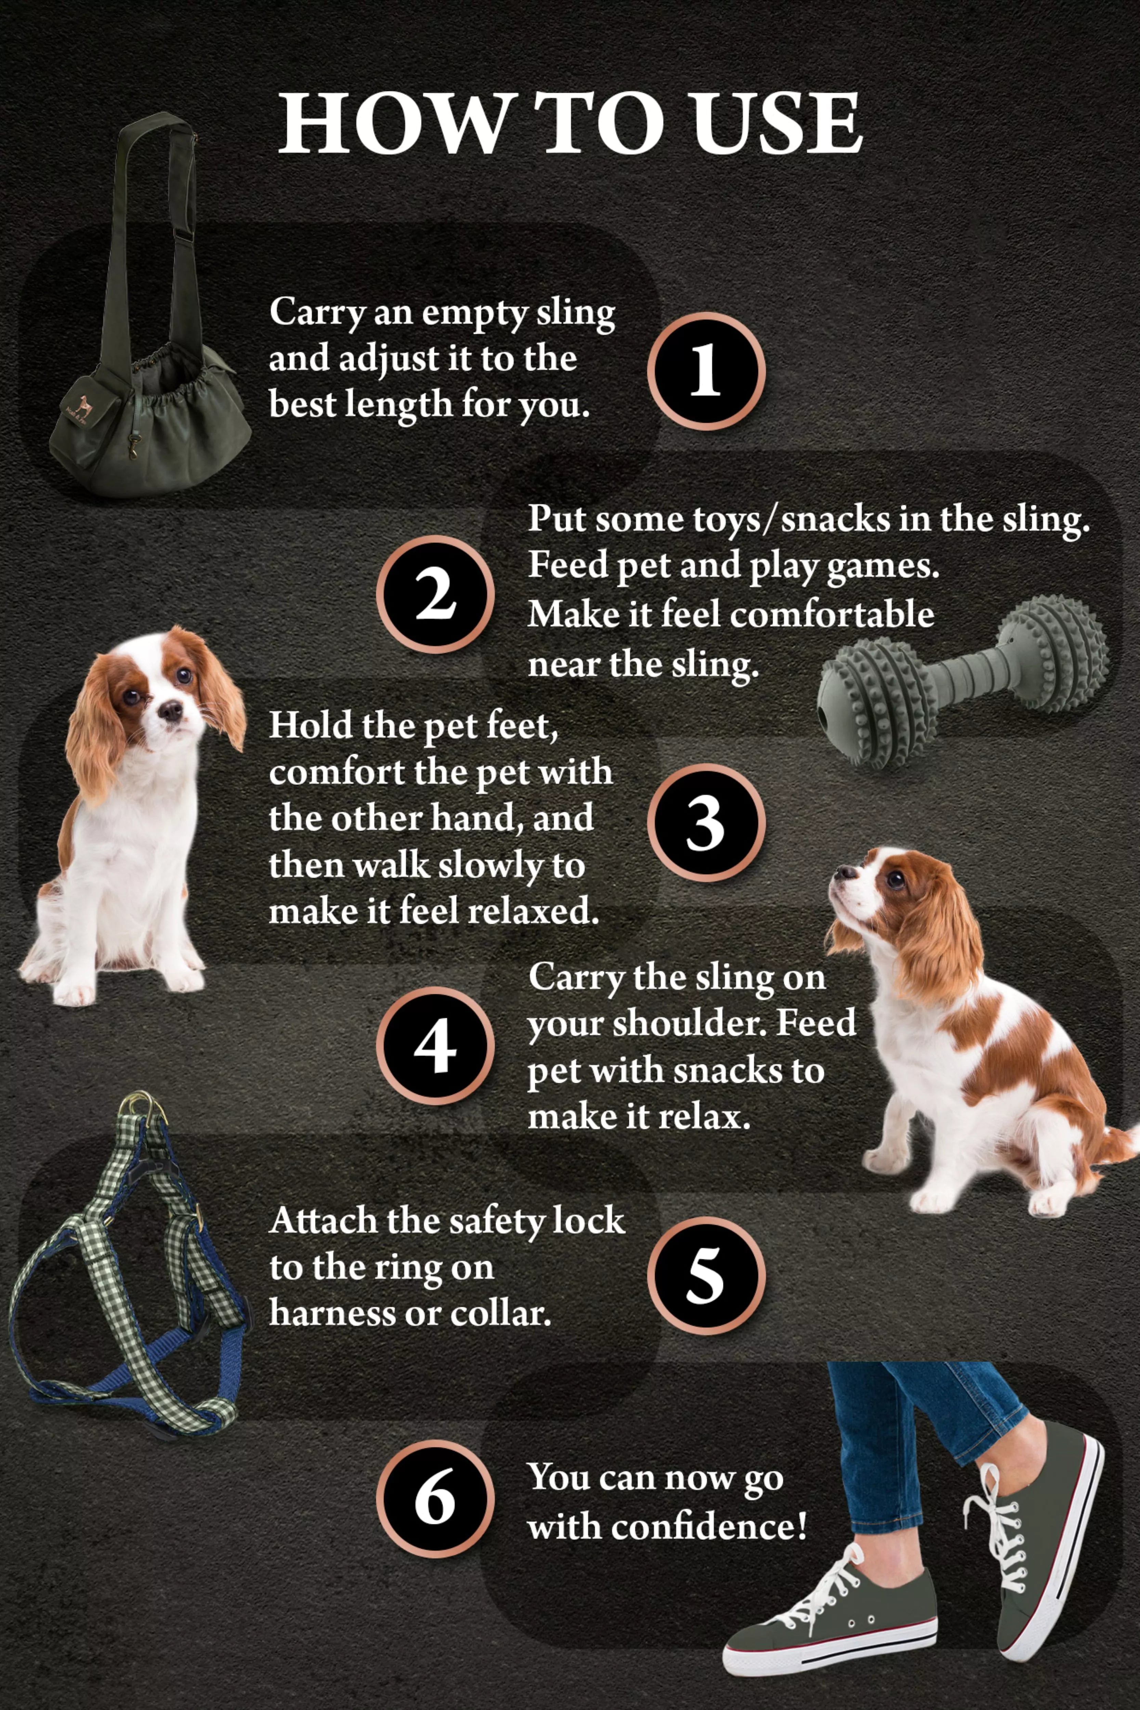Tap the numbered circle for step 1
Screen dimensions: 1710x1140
pos(705,371)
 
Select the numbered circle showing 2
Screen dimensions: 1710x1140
pos(435,594)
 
